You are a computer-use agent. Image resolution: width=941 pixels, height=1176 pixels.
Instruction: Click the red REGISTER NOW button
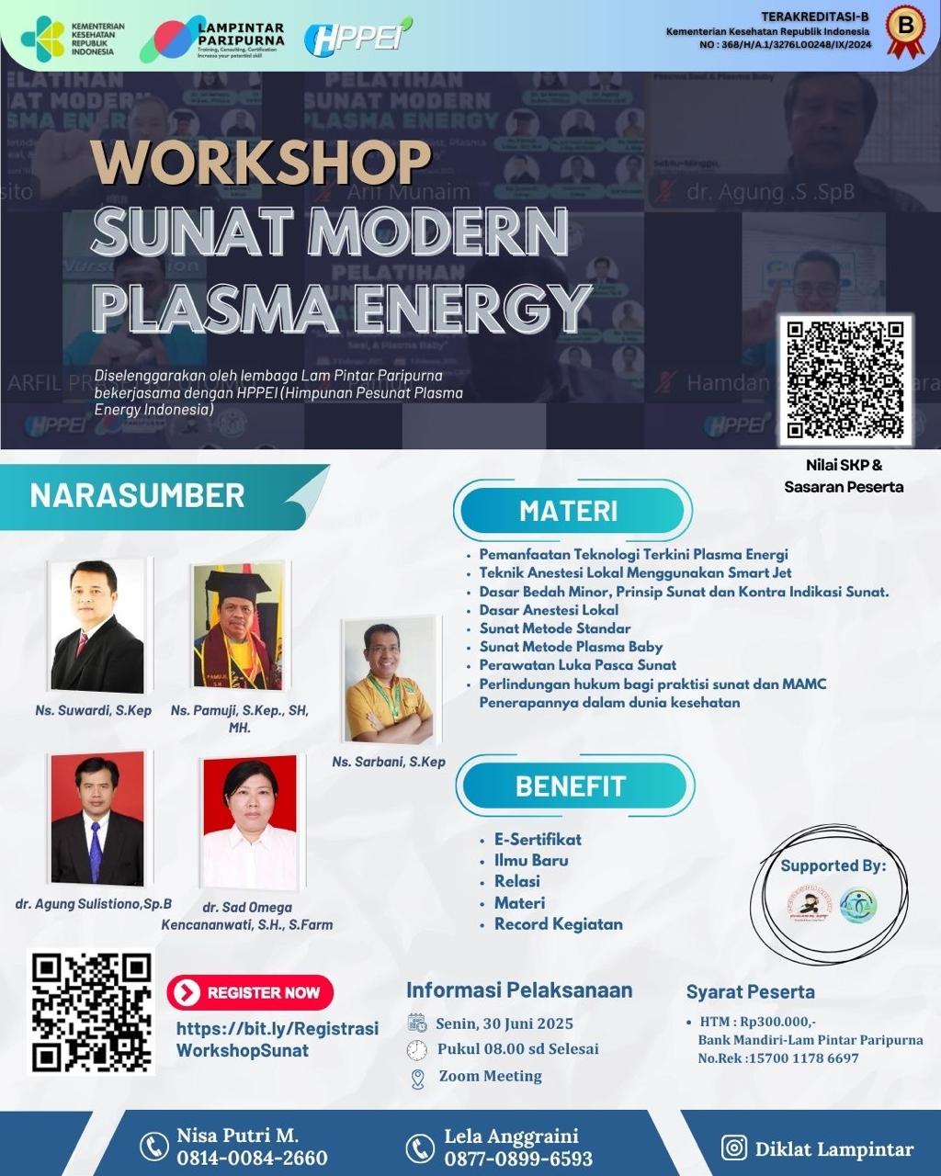pos(250,992)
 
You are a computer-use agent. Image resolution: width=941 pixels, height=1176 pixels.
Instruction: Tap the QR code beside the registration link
pos(91,1012)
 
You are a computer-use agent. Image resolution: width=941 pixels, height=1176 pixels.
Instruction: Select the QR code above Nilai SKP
pos(845,379)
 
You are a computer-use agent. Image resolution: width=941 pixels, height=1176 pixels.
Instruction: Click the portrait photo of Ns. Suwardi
pos(96,626)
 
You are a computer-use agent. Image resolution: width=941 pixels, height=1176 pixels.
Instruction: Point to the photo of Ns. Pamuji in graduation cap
pos(237,627)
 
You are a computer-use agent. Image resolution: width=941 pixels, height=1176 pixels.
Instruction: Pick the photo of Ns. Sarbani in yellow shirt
pos(387,681)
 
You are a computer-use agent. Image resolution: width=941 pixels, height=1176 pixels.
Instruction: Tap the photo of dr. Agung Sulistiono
pos(96,819)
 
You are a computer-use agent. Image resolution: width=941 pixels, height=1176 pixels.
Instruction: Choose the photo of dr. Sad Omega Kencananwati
pos(250,822)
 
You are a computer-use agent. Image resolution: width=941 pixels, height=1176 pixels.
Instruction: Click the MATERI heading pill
pos(570,511)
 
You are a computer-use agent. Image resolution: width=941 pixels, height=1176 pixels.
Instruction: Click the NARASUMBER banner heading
pos(138,496)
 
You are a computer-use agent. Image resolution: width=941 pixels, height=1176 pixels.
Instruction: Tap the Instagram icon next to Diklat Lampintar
pos(733,1148)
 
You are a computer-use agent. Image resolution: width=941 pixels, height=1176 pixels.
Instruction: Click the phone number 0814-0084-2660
pos(252,1159)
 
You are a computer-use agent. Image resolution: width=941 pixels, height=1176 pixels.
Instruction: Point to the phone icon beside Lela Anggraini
pos(420,1148)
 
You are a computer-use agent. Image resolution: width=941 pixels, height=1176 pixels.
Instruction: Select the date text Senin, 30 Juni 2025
pos(505,1023)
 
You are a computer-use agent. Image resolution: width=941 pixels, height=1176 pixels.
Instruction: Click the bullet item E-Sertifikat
pos(538,839)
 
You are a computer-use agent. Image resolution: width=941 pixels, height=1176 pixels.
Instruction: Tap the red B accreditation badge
pos(905,30)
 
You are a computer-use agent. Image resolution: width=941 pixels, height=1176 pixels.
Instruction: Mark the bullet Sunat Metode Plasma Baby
pos(571,647)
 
